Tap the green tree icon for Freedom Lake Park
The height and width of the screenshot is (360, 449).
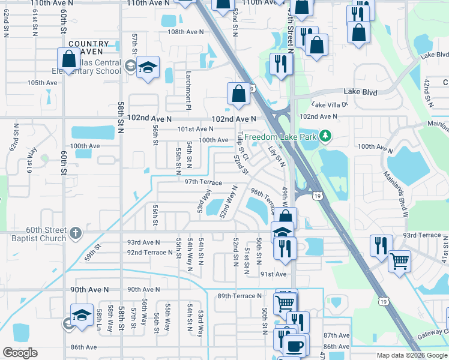click(x=325, y=136)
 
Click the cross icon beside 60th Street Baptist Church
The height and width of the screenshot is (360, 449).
click(x=74, y=232)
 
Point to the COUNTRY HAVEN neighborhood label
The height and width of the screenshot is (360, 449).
click(x=89, y=49)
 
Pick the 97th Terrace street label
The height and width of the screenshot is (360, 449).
click(x=203, y=182)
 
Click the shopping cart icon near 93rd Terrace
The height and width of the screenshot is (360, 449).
click(x=399, y=261)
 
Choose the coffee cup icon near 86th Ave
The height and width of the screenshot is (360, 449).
click(x=294, y=346)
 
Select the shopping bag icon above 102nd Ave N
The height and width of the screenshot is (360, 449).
click(x=238, y=94)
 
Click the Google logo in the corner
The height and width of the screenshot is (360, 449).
click(x=20, y=353)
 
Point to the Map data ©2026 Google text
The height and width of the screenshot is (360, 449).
click(x=412, y=355)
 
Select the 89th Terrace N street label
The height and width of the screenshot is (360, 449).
click(x=240, y=296)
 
